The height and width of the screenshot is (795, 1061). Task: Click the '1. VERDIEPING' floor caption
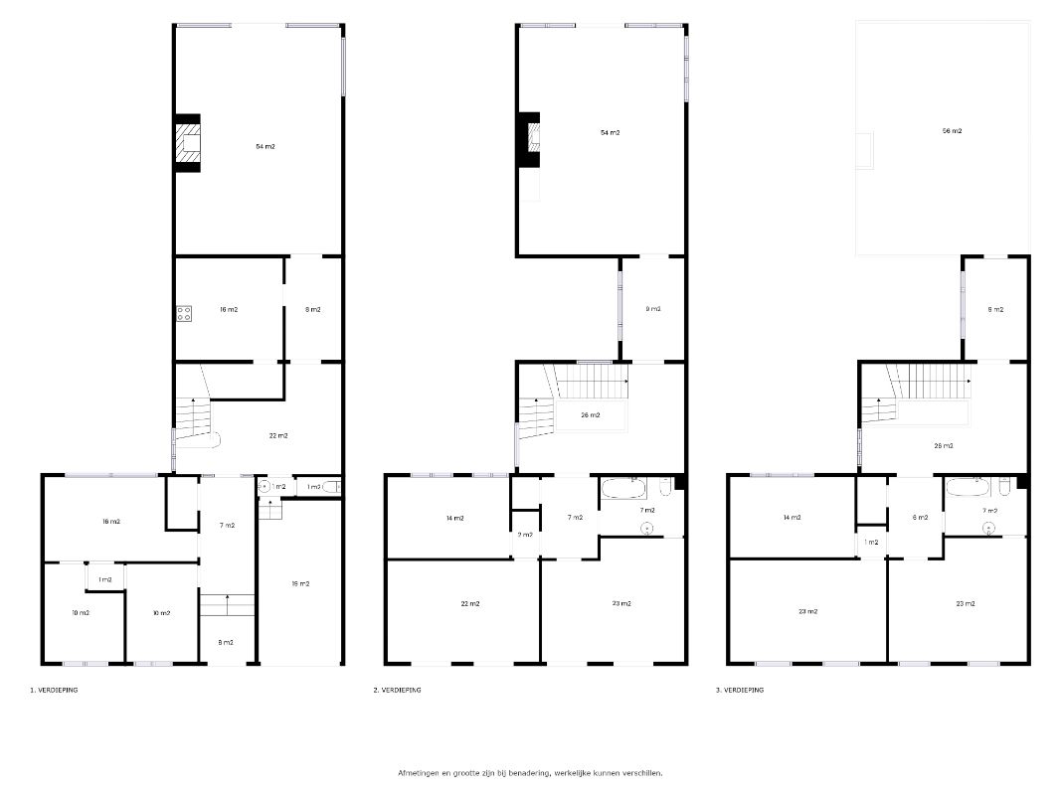click(x=54, y=690)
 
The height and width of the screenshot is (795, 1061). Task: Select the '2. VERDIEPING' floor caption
click(x=397, y=690)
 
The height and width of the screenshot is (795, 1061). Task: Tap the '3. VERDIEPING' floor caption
click(x=739, y=690)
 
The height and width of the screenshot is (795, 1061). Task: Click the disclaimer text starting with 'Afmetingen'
click(x=530, y=772)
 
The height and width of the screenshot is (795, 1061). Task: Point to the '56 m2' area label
click(x=952, y=131)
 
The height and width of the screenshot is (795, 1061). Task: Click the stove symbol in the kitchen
click(x=184, y=313)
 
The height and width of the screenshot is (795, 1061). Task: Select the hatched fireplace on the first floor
click(x=188, y=143)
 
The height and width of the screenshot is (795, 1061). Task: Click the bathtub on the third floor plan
click(x=969, y=488)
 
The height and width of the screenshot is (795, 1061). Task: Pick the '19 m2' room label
click(x=300, y=583)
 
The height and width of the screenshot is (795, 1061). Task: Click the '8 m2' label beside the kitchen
click(x=313, y=310)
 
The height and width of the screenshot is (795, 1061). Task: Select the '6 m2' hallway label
click(x=921, y=518)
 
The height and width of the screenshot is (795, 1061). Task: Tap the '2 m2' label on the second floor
click(x=525, y=535)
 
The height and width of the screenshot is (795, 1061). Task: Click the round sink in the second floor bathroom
click(x=646, y=527)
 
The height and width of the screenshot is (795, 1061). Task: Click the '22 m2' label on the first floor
click(x=278, y=435)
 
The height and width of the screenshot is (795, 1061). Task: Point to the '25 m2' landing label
click(x=945, y=446)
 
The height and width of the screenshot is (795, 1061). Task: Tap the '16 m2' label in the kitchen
click(x=229, y=310)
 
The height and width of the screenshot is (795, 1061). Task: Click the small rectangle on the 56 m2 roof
click(x=867, y=150)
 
